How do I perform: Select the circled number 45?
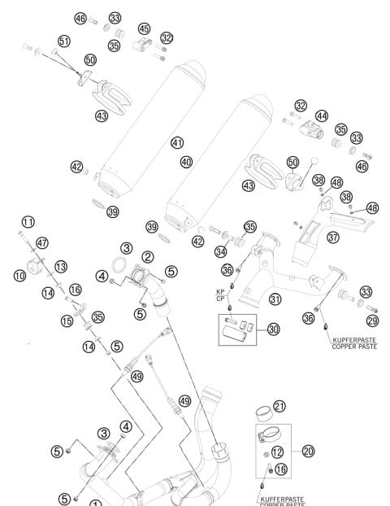click(x=145, y=29)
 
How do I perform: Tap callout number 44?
click(x=322, y=116)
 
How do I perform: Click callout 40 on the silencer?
click(x=188, y=162)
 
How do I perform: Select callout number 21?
click(x=279, y=406)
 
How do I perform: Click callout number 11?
click(x=28, y=221)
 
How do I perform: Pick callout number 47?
click(x=42, y=242)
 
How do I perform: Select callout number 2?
click(x=148, y=256)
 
